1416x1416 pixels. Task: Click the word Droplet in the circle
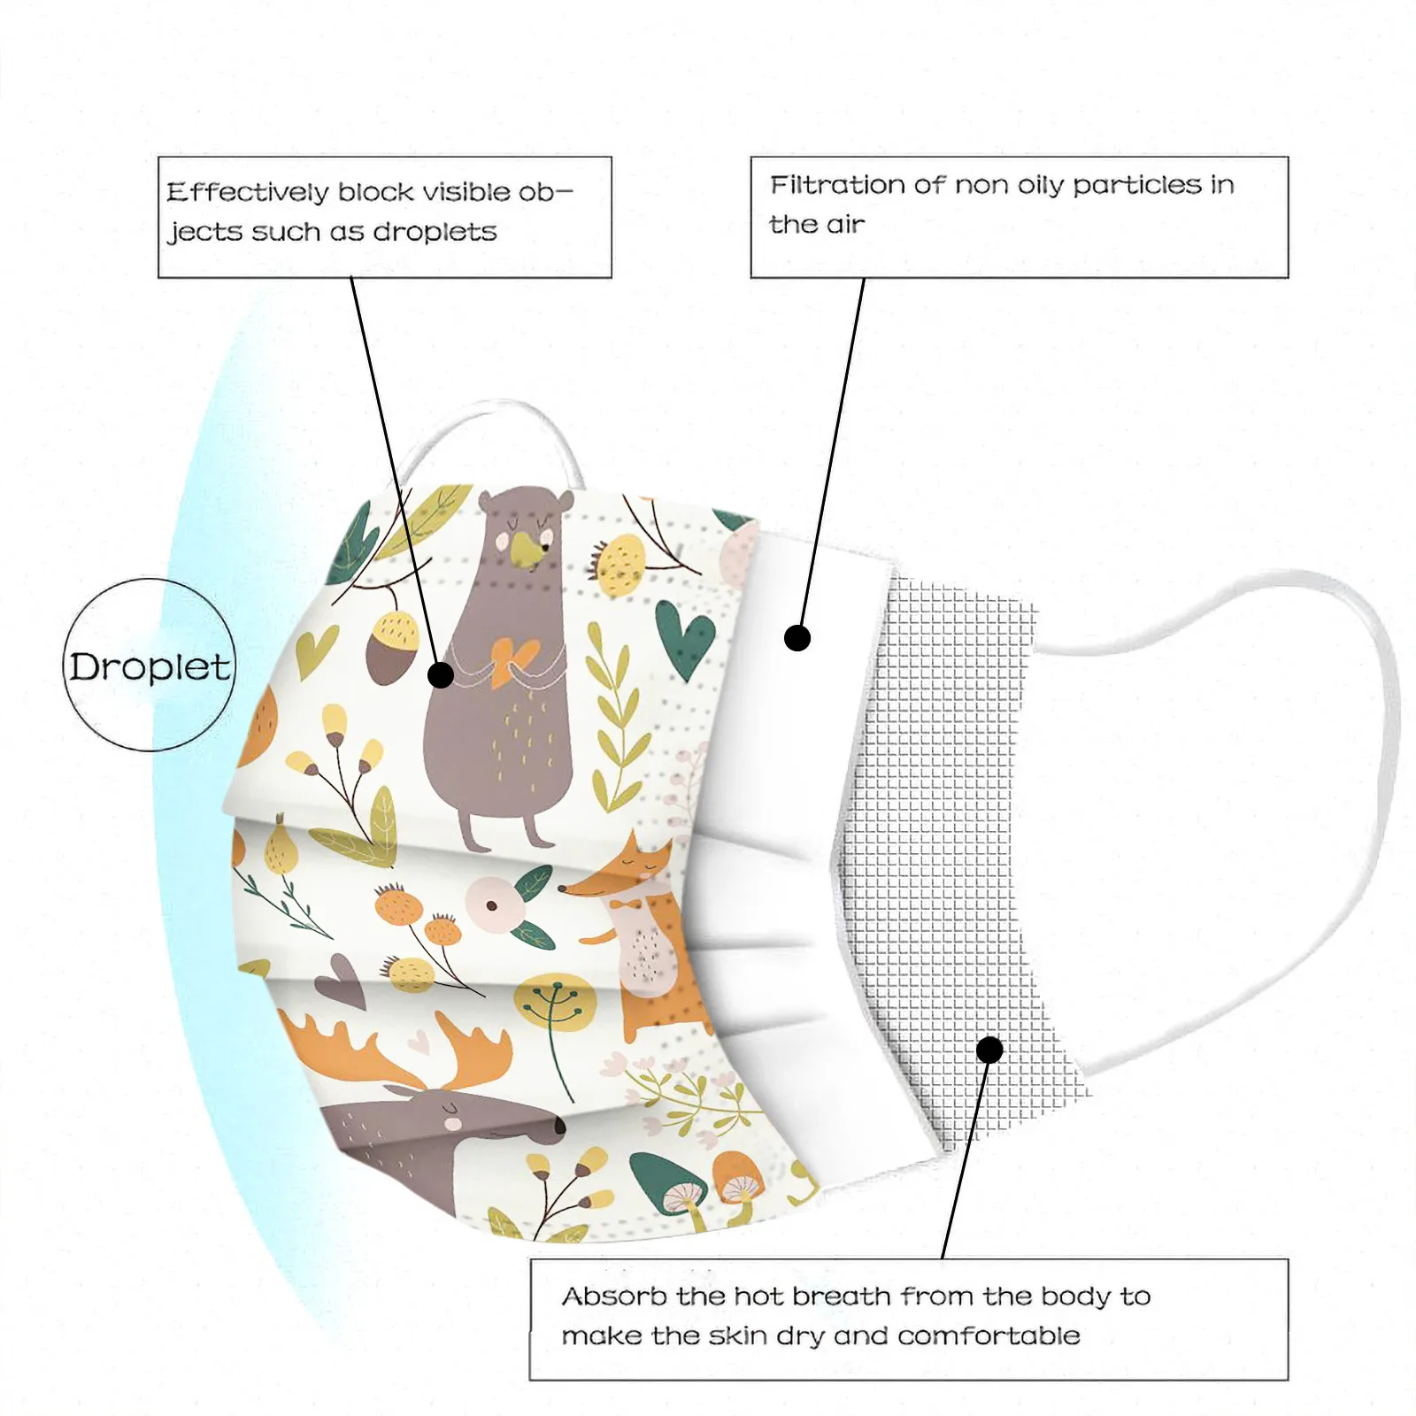click(x=150, y=667)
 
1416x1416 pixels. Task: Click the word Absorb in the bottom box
click(x=614, y=1297)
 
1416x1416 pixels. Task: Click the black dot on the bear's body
click(x=441, y=675)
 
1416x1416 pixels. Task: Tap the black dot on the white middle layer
click(x=797, y=638)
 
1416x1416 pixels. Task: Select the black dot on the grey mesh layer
click(x=989, y=1050)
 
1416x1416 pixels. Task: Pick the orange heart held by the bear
click(x=512, y=659)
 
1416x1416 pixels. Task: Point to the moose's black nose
click(x=559, y=1127)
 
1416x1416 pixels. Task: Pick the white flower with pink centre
click(x=488, y=904)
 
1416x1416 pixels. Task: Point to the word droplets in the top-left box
click(x=435, y=232)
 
